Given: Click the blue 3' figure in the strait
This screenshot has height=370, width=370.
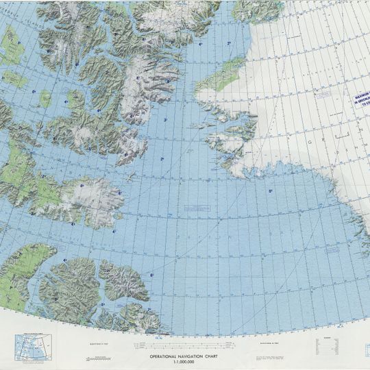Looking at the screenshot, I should pyautogui.click(x=165, y=121).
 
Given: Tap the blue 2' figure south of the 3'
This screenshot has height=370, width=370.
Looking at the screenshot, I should pyautogui.click(x=162, y=159).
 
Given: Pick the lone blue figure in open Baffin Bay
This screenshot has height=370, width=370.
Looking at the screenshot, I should pyautogui.click(x=270, y=191).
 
